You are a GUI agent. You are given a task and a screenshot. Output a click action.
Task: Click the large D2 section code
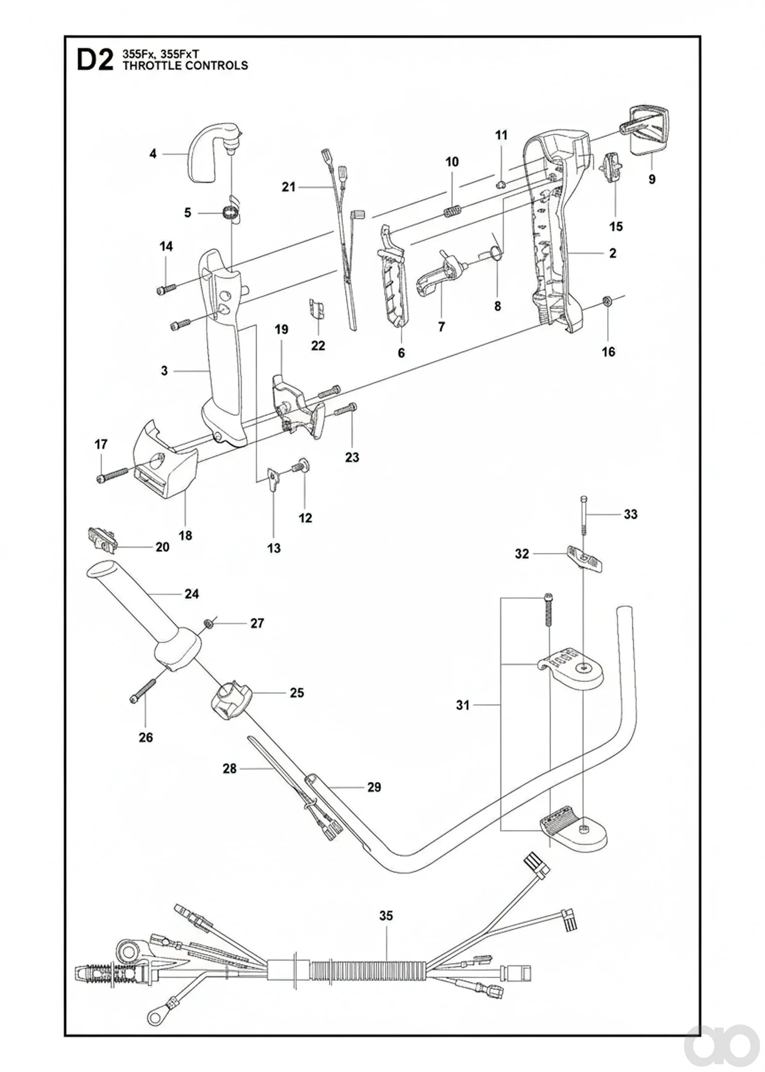pyautogui.click(x=95, y=60)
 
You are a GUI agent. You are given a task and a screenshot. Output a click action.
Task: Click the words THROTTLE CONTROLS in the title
pyautogui.click(x=185, y=66)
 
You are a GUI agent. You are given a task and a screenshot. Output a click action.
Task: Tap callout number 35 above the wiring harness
pyautogui.click(x=386, y=915)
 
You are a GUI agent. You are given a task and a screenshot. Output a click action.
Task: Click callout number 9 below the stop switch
pyautogui.click(x=652, y=179)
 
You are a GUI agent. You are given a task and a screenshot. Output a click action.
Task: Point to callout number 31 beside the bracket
pyautogui.click(x=463, y=705)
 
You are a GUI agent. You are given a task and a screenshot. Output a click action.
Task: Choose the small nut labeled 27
pyautogui.click(x=207, y=623)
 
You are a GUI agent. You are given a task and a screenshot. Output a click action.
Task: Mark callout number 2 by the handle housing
pyautogui.click(x=612, y=253)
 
